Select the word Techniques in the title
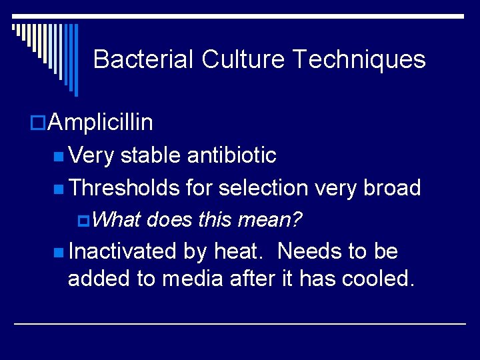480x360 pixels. click(x=359, y=59)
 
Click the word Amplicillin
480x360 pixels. click(x=101, y=123)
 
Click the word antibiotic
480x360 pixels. click(x=232, y=155)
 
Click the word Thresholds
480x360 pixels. click(x=124, y=188)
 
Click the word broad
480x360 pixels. click(x=392, y=188)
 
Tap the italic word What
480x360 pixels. click(x=119, y=219)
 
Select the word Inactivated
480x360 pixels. click(x=123, y=251)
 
